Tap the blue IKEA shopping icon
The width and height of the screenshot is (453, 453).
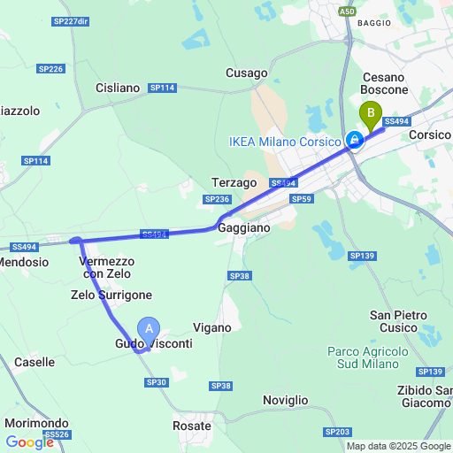[354, 141]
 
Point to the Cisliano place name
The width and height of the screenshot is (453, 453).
[118, 88]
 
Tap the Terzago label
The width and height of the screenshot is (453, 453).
[234, 182]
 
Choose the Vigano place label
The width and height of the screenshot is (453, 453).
[211, 327]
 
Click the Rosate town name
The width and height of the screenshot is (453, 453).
[191, 426]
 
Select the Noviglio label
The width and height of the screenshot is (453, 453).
[286, 400]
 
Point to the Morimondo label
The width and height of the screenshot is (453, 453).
[36, 423]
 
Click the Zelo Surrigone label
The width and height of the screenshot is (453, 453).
[111, 295]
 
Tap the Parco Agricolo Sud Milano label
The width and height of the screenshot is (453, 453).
[368, 358]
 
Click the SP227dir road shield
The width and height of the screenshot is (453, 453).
[72, 20]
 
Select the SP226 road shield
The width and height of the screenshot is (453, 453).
[50, 68]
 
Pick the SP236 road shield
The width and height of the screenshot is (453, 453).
[217, 199]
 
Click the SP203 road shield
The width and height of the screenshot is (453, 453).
[337, 431]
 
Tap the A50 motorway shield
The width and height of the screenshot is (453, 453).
[347, 11]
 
